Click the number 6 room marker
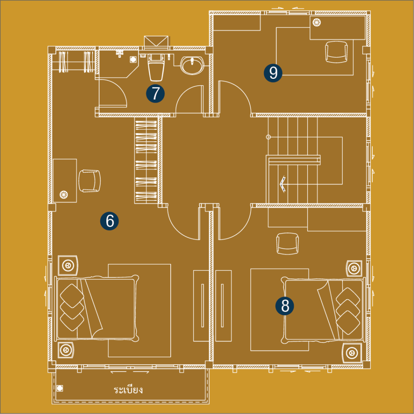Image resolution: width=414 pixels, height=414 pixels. click(109, 221)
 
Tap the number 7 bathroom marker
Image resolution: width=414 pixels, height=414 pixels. click(156, 93)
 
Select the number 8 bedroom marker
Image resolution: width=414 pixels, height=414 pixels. click(285, 306)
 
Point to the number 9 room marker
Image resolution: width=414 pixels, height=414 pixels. click(273, 73)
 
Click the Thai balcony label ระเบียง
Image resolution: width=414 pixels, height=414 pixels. click(128, 390)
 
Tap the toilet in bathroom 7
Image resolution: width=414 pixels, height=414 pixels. click(156, 68)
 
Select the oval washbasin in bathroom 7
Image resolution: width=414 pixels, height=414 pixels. click(192, 65)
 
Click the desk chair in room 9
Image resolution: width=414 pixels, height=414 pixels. click(336, 52)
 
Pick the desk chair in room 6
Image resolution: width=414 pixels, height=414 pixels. click(90, 181)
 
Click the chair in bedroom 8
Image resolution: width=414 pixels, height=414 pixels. click(287, 244)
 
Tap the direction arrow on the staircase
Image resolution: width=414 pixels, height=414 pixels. click(283, 184)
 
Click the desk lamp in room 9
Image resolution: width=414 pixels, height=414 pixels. click(317, 23)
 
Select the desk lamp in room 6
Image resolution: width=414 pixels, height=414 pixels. click(63, 195)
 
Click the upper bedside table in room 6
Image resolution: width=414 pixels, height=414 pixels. click(68, 265)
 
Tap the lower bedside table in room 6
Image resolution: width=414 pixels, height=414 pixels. click(65, 350)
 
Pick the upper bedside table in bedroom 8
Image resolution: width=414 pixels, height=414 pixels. click(354, 268)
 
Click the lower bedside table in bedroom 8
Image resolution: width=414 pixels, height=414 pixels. click(352, 353)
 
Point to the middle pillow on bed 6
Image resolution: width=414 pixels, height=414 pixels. click(72, 307)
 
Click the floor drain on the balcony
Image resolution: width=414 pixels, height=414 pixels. click(60, 388)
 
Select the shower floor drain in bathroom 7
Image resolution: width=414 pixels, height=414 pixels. click(133, 59)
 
